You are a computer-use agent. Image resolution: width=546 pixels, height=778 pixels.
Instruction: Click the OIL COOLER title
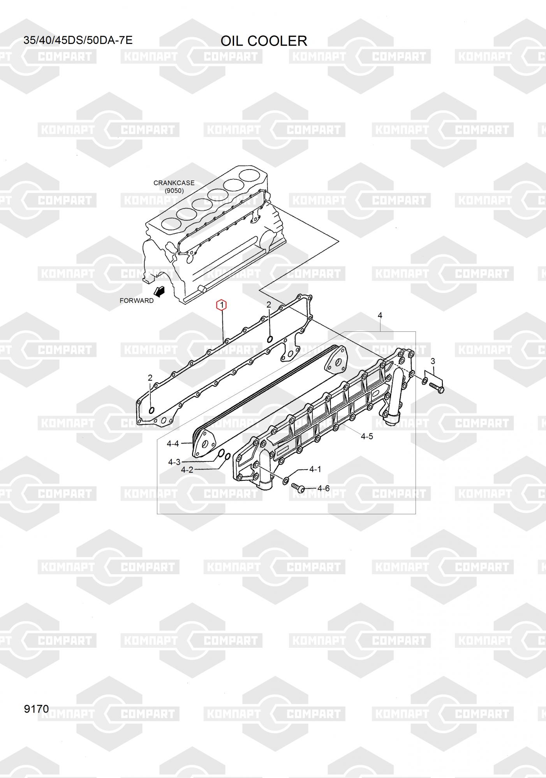[264, 41]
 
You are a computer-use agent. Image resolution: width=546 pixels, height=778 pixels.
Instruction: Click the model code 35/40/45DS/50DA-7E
[78, 40]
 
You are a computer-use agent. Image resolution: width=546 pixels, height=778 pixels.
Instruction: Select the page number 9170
[36, 709]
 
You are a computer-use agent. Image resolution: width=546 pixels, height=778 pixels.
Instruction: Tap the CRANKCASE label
[174, 183]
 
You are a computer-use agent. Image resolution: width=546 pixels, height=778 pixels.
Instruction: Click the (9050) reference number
[174, 191]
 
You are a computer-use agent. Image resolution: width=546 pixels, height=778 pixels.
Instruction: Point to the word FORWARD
[136, 300]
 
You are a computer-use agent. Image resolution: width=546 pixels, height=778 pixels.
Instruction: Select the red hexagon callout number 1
[221, 305]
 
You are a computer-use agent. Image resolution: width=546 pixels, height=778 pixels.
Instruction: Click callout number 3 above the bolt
[433, 361]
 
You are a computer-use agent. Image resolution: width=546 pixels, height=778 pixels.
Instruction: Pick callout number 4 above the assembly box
[380, 315]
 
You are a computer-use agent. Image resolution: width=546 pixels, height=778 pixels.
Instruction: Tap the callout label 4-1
[315, 469]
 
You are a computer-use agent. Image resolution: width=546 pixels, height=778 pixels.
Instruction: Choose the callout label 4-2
[187, 470]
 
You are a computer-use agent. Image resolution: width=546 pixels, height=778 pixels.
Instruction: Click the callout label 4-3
[174, 462]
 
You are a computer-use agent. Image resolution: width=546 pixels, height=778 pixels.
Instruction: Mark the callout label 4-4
[173, 443]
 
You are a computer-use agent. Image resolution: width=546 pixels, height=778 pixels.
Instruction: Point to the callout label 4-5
[367, 436]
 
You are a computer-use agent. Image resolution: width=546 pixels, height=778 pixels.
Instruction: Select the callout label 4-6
[323, 488]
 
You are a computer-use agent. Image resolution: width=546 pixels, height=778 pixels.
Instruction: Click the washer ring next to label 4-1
[285, 480]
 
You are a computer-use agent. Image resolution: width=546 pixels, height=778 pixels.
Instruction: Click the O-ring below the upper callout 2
[269, 339]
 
